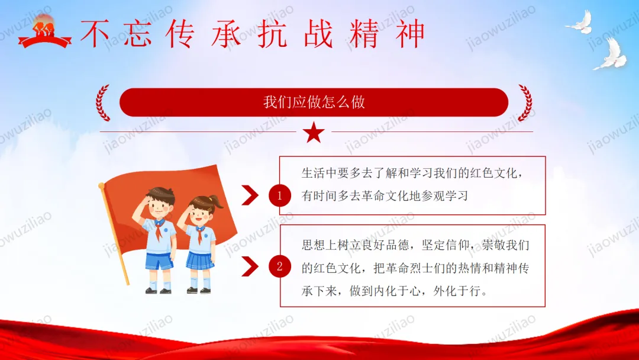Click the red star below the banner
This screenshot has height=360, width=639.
click(x=314, y=133)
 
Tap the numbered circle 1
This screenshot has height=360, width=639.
click(x=279, y=196)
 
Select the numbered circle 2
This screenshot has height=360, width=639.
click(x=279, y=266)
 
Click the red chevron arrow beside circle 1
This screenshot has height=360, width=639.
click(x=250, y=195)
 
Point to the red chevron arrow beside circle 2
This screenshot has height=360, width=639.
click(x=250, y=266)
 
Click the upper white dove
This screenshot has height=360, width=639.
click(x=580, y=22)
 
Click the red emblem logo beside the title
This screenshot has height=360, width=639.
click(x=44, y=32)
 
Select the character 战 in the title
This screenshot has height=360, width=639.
click(x=318, y=33)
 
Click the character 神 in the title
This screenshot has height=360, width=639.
click(x=411, y=33)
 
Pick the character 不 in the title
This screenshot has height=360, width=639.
click(x=95, y=33)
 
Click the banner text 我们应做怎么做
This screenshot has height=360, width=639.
click(x=314, y=102)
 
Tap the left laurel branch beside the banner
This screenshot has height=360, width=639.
click(x=103, y=103)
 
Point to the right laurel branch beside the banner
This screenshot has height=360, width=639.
click(x=525, y=103)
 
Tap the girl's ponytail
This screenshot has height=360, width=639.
click(x=216, y=202)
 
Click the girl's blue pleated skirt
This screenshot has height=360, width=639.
click(x=200, y=260)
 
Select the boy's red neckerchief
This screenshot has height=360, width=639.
click(x=159, y=229)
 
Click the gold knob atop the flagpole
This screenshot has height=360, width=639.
click(x=102, y=185)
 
